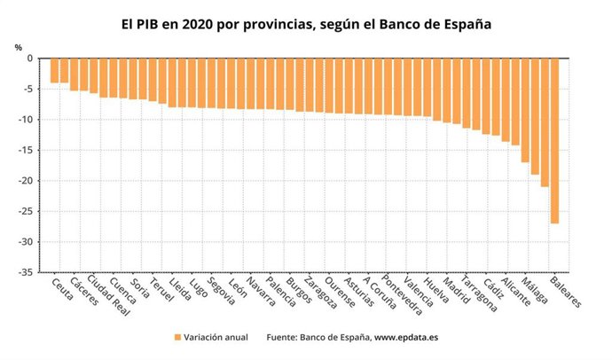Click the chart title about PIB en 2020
point(306,25)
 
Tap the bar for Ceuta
point(54,71)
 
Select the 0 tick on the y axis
point(29,59)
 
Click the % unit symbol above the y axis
point(18,47)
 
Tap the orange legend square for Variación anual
point(177,338)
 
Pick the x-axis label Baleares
point(566,293)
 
